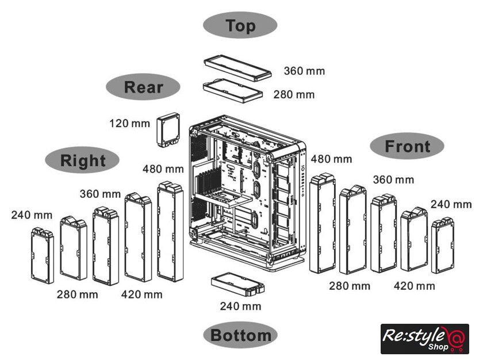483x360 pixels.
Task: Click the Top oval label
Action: click(x=240, y=26)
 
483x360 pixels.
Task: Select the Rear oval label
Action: click(x=143, y=87)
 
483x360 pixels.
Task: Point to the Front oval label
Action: click(x=407, y=146)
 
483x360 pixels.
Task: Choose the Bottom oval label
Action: click(x=240, y=335)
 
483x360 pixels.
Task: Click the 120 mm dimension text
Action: click(x=129, y=123)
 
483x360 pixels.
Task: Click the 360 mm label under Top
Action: click(x=304, y=71)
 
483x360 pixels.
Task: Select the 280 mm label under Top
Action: click(x=294, y=94)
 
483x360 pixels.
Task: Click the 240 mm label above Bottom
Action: click(x=240, y=306)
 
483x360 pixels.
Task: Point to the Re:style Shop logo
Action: click(x=425, y=339)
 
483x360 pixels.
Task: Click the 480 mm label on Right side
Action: click(x=163, y=169)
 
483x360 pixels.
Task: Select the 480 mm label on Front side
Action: click(x=331, y=158)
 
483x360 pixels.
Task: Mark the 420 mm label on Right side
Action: click(x=141, y=294)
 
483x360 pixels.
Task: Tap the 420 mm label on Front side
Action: click(x=414, y=286)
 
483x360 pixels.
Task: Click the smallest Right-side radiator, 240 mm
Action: click(x=41, y=256)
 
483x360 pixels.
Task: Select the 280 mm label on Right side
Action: click(x=77, y=294)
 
